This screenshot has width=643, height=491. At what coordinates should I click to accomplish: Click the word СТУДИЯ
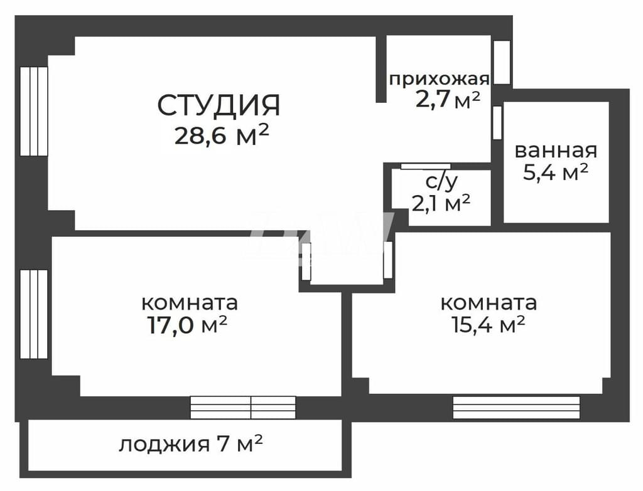pos(219,105)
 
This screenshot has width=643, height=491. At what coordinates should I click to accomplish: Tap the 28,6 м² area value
pos(222,135)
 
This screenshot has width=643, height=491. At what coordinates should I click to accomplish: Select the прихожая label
pos(439,79)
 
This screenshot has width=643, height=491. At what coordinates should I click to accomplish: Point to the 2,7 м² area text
pos(448,100)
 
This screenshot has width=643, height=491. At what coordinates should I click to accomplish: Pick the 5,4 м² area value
pos(556,172)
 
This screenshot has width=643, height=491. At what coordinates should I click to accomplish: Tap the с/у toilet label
pos(441,182)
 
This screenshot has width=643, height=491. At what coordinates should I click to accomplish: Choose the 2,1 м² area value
pos(441,204)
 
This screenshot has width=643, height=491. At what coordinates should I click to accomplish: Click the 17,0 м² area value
pos(187,326)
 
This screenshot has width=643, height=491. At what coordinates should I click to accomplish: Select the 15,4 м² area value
pos(489,325)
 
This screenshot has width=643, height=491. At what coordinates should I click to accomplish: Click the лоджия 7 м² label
pos(191,444)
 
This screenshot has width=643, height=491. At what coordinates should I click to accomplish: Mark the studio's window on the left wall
pos(34,111)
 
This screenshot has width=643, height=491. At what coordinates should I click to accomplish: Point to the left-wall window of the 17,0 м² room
pos(34,314)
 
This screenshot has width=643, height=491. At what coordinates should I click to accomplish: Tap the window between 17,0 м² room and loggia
pos(243,408)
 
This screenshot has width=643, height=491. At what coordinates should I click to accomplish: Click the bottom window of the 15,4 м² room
pos(516,408)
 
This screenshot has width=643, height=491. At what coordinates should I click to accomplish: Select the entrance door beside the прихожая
pos(502,62)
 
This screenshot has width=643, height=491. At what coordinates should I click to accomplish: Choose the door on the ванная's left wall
pos(497,122)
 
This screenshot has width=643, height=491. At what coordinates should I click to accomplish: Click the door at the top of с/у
pos(425,166)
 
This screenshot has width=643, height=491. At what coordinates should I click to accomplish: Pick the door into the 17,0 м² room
pos(306,261)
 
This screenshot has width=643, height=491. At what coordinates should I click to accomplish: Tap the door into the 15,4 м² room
pos(387,260)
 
